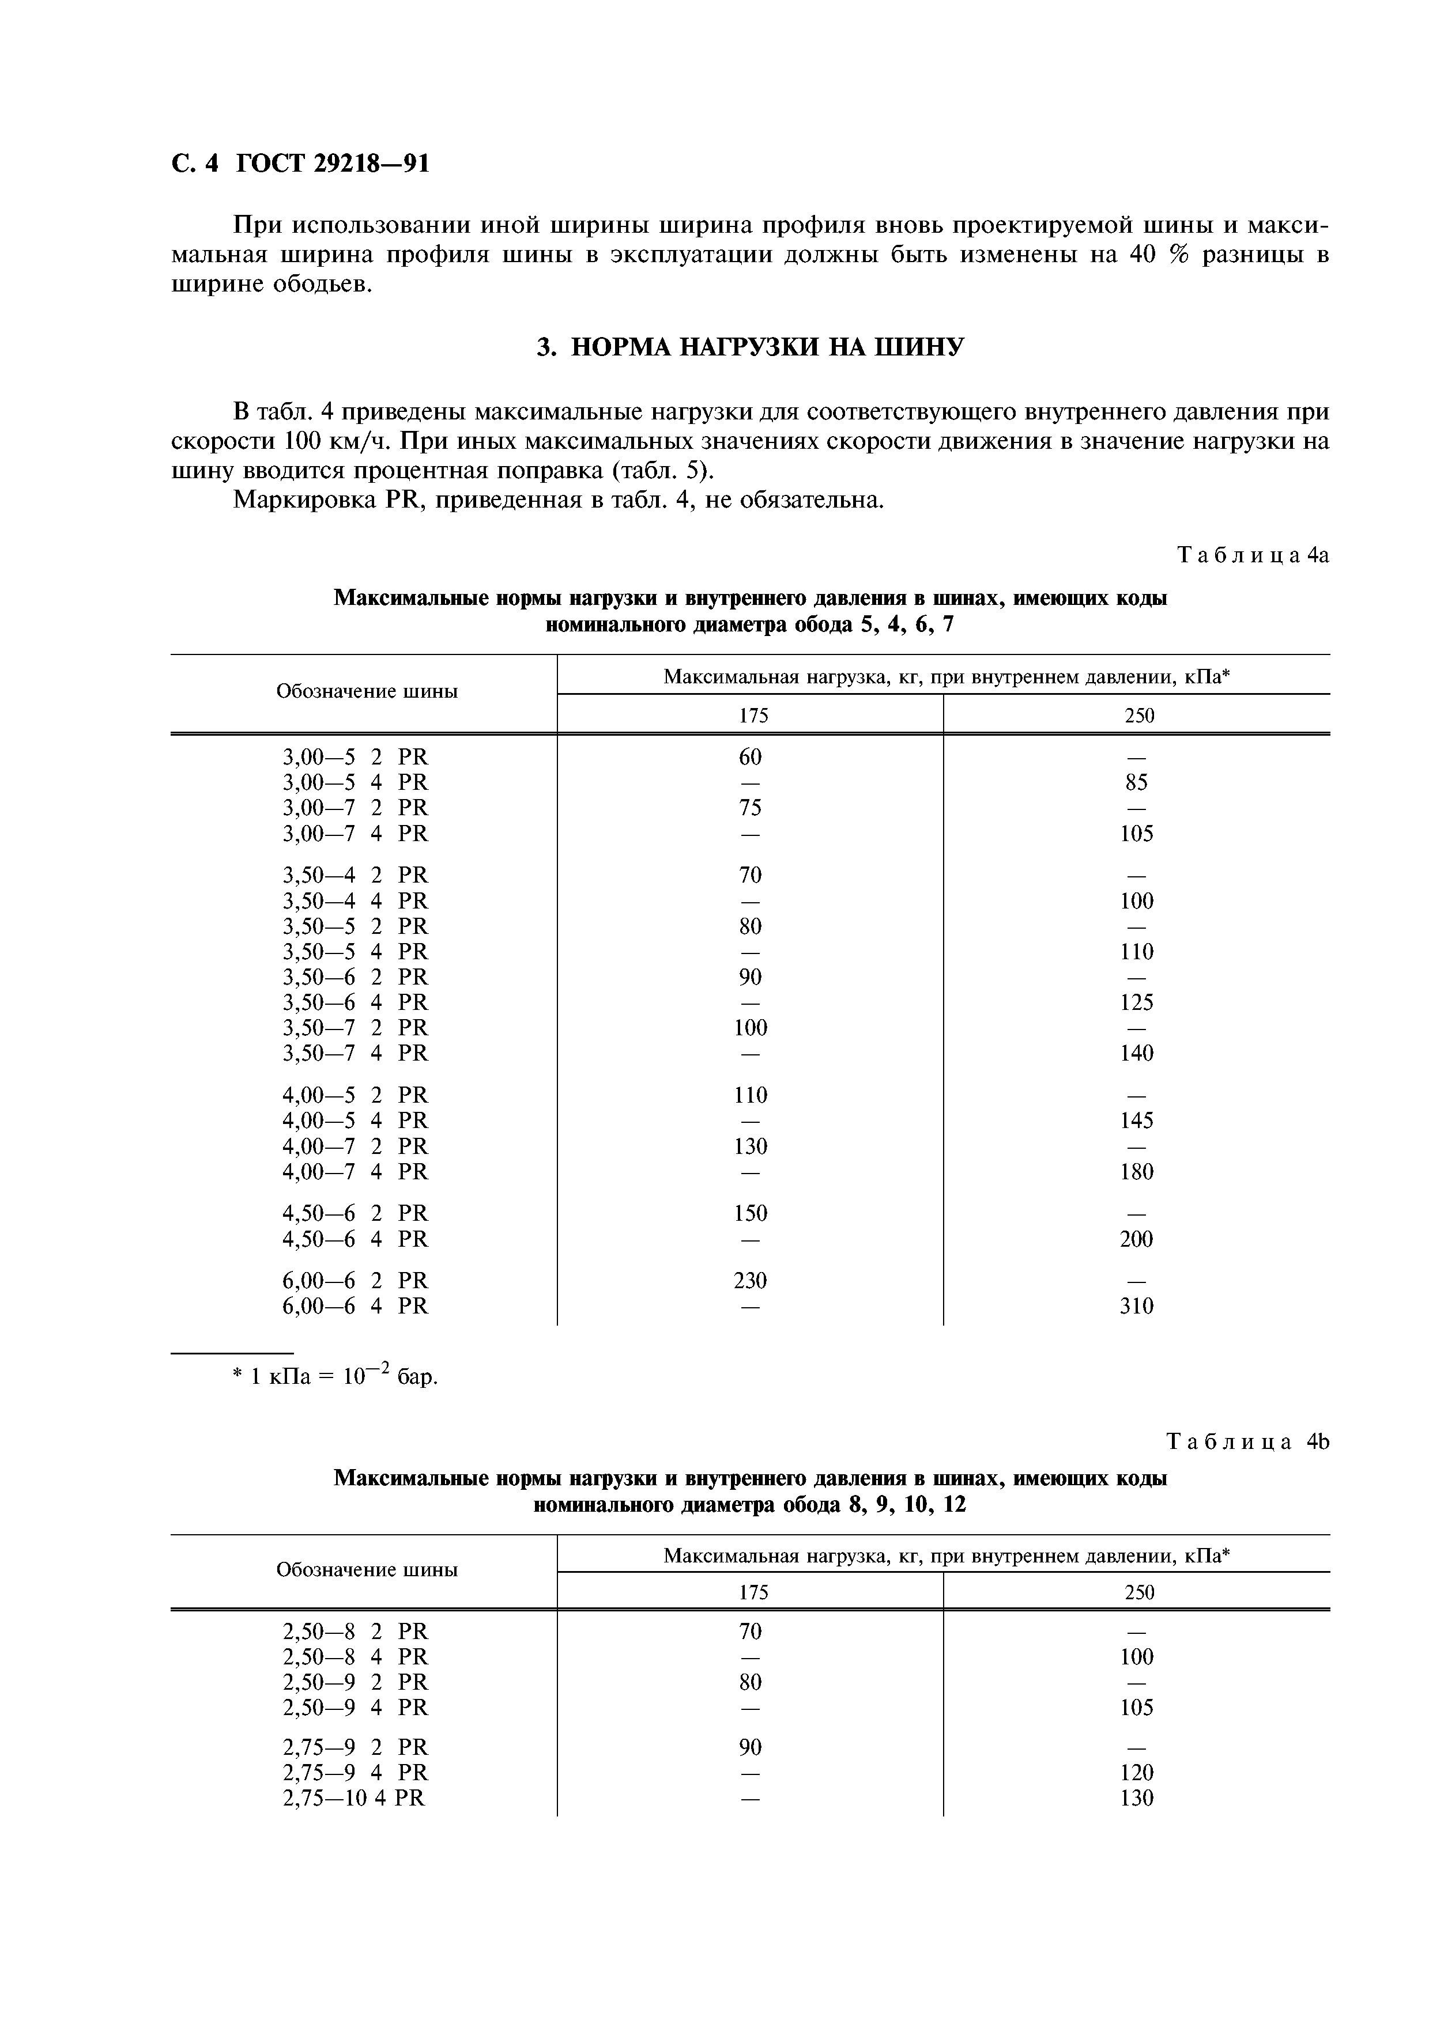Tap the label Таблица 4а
click(1252, 555)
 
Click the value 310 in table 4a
click(1136, 1305)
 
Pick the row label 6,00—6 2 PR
click(355, 1280)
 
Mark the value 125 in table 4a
click(1136, 1002)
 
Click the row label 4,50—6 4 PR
click(355, 1239)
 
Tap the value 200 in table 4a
click(1136, 1239)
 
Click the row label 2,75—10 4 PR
click(353, 1797)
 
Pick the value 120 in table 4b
click(1136, 1772)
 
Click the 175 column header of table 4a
click(753, 716)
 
